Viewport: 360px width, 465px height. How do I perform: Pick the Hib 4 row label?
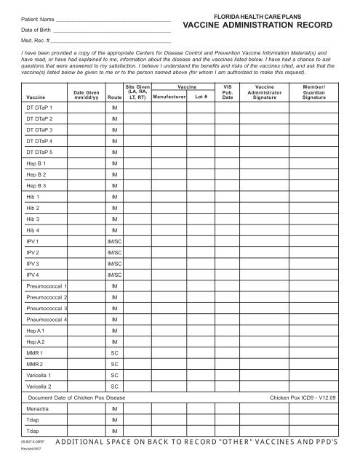tap(34, 230)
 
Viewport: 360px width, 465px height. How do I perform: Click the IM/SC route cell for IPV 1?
tap(114, 241)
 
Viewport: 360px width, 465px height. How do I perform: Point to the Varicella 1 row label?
tap(40, 375)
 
